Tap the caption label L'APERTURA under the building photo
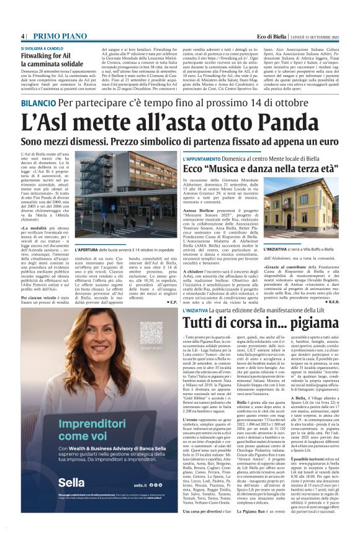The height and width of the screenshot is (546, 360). coord(92,232)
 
